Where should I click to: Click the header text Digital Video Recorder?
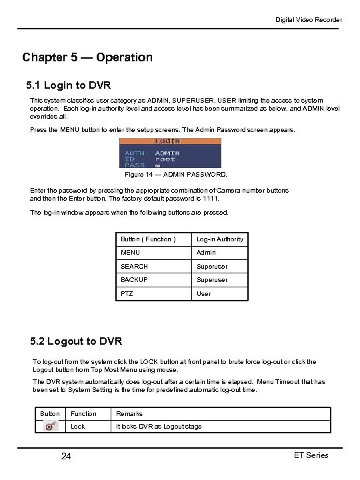(x=309, y=20)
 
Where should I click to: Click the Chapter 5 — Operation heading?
(x=87, y=57)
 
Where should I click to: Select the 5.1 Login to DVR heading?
(x=68, y=86)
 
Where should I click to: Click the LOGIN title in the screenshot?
(x=167, y=141)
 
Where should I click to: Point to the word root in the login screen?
(x=165, y=159)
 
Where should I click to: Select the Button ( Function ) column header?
(x=148, y=239)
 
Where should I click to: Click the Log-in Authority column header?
(x=219, y=239)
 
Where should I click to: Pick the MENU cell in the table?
(x=130, y=253)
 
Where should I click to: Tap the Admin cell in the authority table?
(x=206, y=253)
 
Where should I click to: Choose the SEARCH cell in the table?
(x=134, y=266)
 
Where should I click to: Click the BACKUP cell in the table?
(x=134, y=280)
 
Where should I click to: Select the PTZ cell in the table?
(x=127, y=293)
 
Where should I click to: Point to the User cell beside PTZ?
(x=203, y=293)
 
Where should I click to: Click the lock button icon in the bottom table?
(x=50, y=427)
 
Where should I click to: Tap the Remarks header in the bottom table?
(x=129, y=414)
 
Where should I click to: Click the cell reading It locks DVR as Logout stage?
(x=159, y=427)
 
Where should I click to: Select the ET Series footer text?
(x=311, y=455)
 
